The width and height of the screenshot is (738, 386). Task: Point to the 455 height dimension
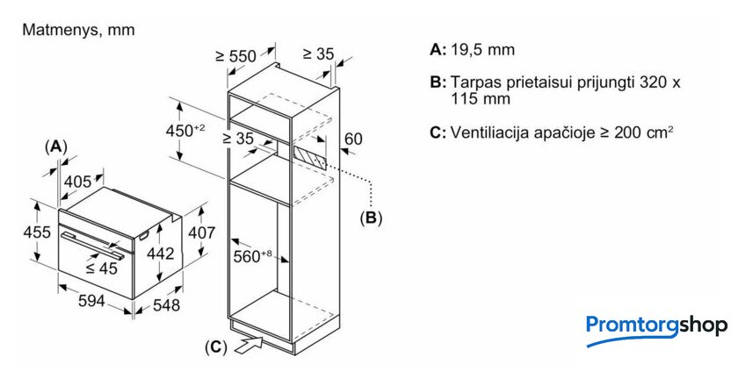click(35, 233)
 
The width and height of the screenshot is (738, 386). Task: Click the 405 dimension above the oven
click(78, 182)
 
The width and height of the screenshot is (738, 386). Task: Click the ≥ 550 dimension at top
click(235, 56)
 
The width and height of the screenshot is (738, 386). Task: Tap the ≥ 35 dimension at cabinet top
click(318, 54)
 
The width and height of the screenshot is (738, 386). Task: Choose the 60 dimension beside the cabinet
click(353, 138)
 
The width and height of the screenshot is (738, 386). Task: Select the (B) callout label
click(371, 217)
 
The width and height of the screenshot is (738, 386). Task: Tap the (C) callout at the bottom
click(215, 347)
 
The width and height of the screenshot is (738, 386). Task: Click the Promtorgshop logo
click(656, 327)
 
